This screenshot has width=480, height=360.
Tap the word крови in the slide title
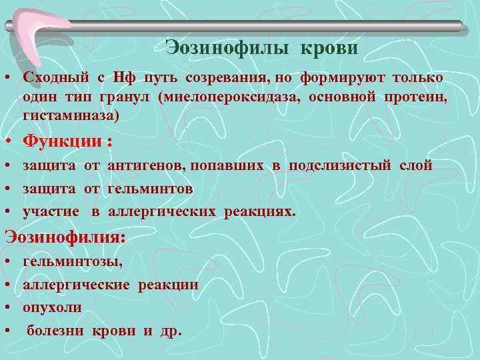click(x=329, y=48)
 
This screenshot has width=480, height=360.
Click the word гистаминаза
click(x=69, y=116)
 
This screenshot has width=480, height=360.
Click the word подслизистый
click(x=339, y=165)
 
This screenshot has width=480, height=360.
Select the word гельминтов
click(x=149, y=189)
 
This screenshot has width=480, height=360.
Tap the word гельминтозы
click(x=73, y=262)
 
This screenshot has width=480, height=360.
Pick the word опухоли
click(x=52, y=307)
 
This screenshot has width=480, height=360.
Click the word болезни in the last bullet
click(x=55, y=331)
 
